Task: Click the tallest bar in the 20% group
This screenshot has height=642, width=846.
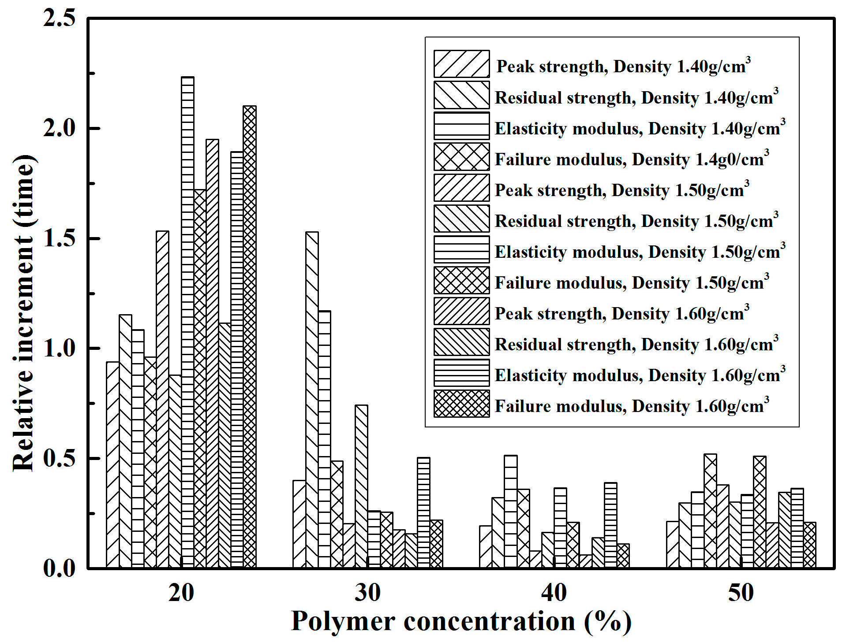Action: (x=187, y=322)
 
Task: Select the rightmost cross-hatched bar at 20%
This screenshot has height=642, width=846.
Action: (x=249, y=337)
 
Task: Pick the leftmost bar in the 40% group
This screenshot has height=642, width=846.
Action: (x=486, y=546)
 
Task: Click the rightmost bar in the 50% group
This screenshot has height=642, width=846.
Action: (x=809, y=545)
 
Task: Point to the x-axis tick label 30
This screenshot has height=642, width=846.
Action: (x=367, y=593)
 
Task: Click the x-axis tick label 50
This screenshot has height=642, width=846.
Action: (x=741, y=593)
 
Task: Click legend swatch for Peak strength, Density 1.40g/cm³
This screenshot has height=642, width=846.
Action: (x=461, y=64)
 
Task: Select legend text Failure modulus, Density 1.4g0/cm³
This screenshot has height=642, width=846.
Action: (x=632, y=159)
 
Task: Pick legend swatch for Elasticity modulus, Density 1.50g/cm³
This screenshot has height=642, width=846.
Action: (x=461, y=249)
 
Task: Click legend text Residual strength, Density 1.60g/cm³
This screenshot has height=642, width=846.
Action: (x=636, y=344)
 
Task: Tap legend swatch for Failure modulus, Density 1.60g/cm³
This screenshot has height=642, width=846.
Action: (x=461, y=404)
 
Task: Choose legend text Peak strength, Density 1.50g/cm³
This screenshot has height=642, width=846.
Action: (x=622, y=190)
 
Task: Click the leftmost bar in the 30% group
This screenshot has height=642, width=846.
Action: (x=299, y=524)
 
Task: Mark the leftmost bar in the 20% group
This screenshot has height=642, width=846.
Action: (x=112, y=465)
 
